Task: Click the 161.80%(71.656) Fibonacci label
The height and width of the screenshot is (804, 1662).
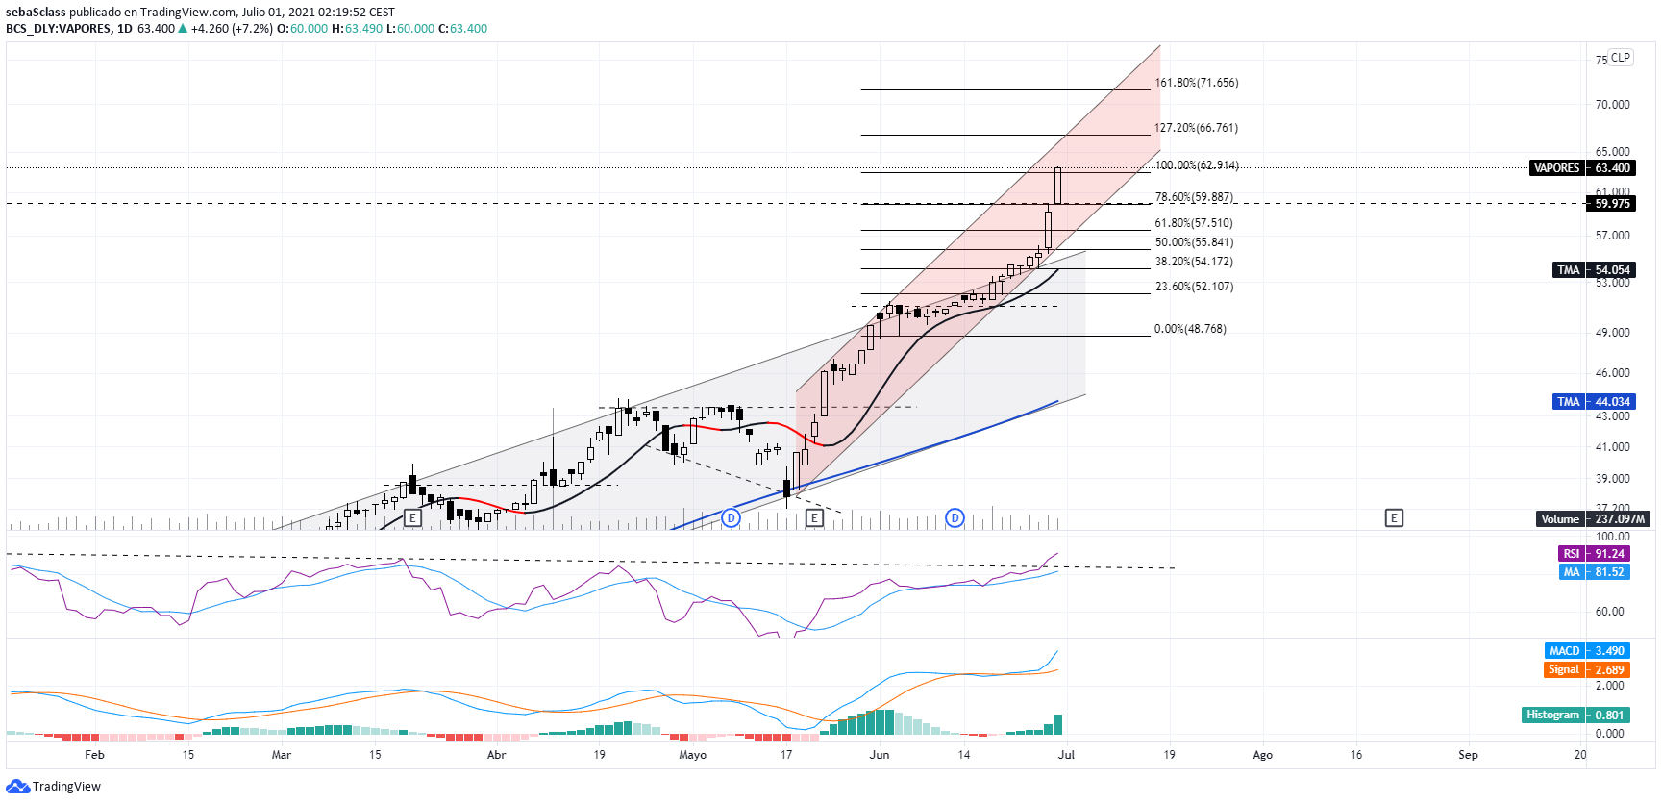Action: point(1196,83)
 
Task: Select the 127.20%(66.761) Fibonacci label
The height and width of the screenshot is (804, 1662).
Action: point(1196,128)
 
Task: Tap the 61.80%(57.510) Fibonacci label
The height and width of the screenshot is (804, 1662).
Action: point(1193,223)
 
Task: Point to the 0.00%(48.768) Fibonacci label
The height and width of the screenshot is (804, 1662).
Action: point(1190,329)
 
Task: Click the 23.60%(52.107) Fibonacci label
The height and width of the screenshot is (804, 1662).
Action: point(1194,287)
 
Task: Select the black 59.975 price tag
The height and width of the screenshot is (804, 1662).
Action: point(1611,204)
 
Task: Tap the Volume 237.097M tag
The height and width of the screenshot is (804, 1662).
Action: point(1593,519)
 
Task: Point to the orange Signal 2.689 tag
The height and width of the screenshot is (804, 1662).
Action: point(1586,670)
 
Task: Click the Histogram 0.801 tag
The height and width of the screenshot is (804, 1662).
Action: point(1575,716)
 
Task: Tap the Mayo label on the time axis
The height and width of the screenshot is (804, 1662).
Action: point(692,755)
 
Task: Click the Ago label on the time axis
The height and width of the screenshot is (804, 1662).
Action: point(1262,755)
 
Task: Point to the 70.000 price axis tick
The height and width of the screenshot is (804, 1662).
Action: point(1612,105)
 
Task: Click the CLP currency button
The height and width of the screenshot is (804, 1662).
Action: point(1621,58)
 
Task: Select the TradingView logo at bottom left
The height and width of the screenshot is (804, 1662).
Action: point(53,787)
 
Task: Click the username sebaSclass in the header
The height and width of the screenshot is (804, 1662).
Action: point(36,13)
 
